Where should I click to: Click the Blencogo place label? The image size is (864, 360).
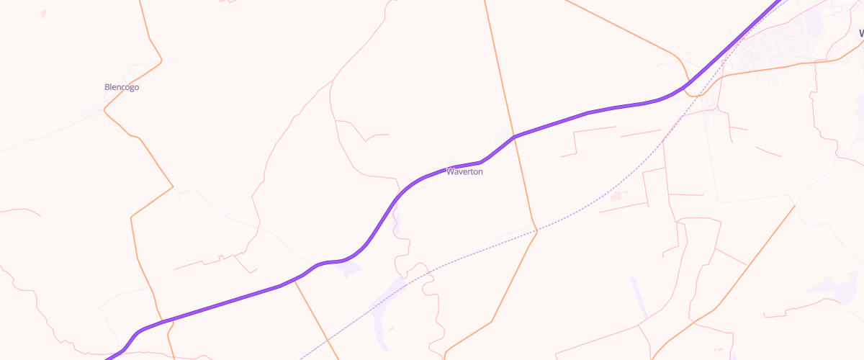pos(122,87)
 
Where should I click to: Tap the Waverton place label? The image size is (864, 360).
pos(464,171)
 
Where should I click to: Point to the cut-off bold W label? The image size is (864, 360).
pos(860,33)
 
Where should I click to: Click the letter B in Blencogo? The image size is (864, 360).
pos(107,87)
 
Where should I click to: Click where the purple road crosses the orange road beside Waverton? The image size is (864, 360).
pos(513,136)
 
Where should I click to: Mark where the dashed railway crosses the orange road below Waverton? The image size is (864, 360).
pos(536,230)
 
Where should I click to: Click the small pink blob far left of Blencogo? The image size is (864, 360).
pos(43,14)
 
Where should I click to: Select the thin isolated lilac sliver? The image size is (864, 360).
pos(638,295)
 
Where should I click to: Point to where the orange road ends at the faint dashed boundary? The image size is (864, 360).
pos(795,206)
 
